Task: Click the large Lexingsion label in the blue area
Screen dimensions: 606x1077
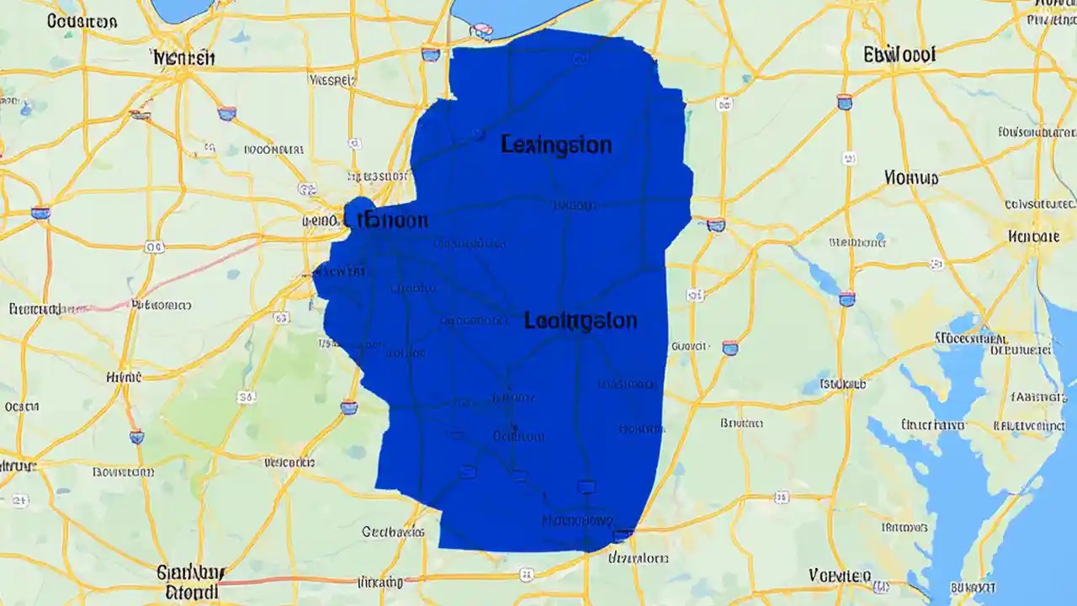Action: [x=555, y=145]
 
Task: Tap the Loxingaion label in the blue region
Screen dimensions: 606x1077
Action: [x=580, y=321]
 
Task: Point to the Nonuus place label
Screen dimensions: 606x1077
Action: [x=911, y=178]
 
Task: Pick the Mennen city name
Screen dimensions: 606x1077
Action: [x=183, y=58]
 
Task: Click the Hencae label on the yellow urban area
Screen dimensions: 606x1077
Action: [x=1032, y=237]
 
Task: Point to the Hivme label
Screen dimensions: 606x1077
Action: [x=124, y=379]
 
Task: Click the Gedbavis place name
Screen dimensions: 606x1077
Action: [x=393, y=532]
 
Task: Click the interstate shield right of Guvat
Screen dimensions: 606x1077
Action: [x=730, y=347]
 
